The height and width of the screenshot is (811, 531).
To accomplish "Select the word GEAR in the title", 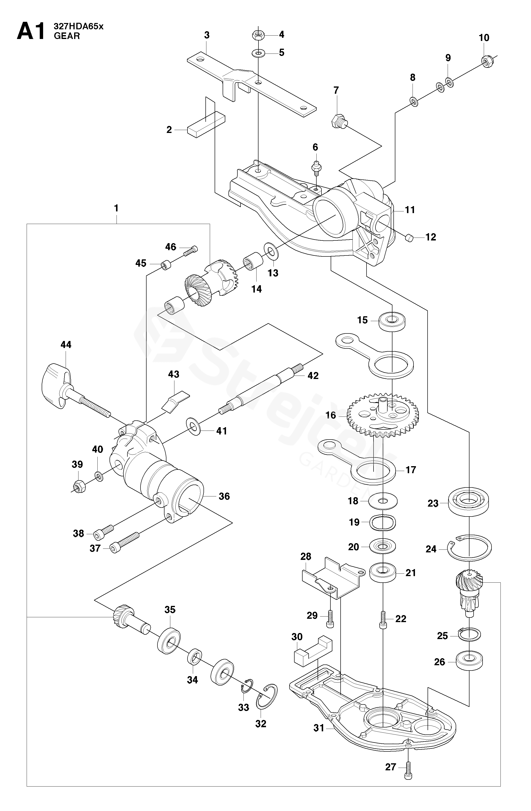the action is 67,36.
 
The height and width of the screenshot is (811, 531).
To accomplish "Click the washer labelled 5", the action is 258,53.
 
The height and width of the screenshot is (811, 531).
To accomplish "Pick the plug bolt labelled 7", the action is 338,121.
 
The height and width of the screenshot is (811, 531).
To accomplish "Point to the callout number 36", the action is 224,496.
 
